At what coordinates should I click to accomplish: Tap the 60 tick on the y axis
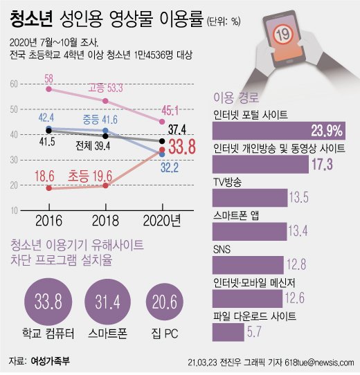click(x=15, y=84)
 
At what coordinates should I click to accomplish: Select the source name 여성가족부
click(x=51, y=361)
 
